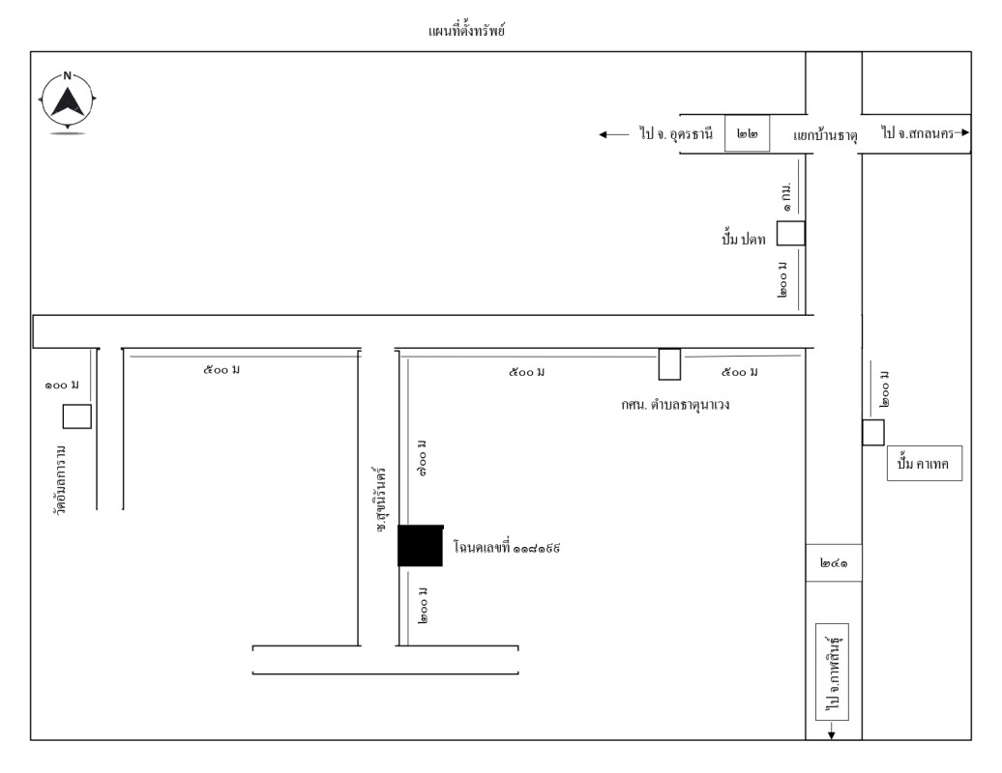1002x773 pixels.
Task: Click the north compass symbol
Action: click(x=68, y=100)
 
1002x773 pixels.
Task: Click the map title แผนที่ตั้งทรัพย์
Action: click(x=467, y=31)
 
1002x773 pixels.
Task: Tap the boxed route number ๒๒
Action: click(x=747, y=136)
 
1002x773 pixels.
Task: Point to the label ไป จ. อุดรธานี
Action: click(x=676, y=135)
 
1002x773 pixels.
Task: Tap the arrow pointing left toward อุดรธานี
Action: click(x=614, y=135)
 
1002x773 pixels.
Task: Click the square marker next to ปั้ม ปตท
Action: click(x=791, y=234)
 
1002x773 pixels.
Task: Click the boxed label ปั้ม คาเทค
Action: click(x=924, y=465)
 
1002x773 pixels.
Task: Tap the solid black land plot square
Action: click(x=420, y=545)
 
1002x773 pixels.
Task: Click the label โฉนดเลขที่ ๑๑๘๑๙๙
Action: click(x=508, y=547)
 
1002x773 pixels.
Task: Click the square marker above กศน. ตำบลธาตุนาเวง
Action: click(x=669, y=363)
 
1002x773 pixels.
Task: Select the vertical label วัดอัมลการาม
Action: click(x=61, y=480)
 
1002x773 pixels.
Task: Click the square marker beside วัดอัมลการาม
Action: click(x=77, y=416)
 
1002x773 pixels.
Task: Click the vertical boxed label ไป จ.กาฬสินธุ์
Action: click(x=833, y=673)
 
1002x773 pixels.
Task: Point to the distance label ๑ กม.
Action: click(x=788, y=195)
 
